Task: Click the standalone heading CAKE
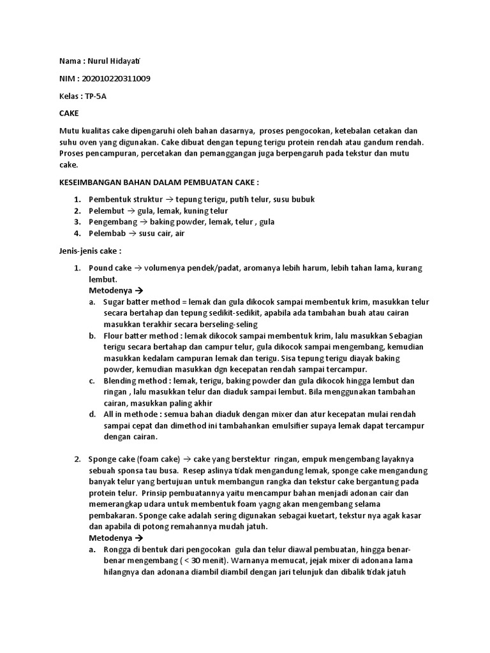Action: click(x=68, y=112)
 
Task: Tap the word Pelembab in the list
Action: click(x=105, y=233)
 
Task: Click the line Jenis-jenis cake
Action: click(x=89, y=251)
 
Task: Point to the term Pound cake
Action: click(x=110, y=268)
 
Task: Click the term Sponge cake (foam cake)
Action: click(x=135, y=459)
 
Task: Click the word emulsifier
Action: click(x=297, y=426)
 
